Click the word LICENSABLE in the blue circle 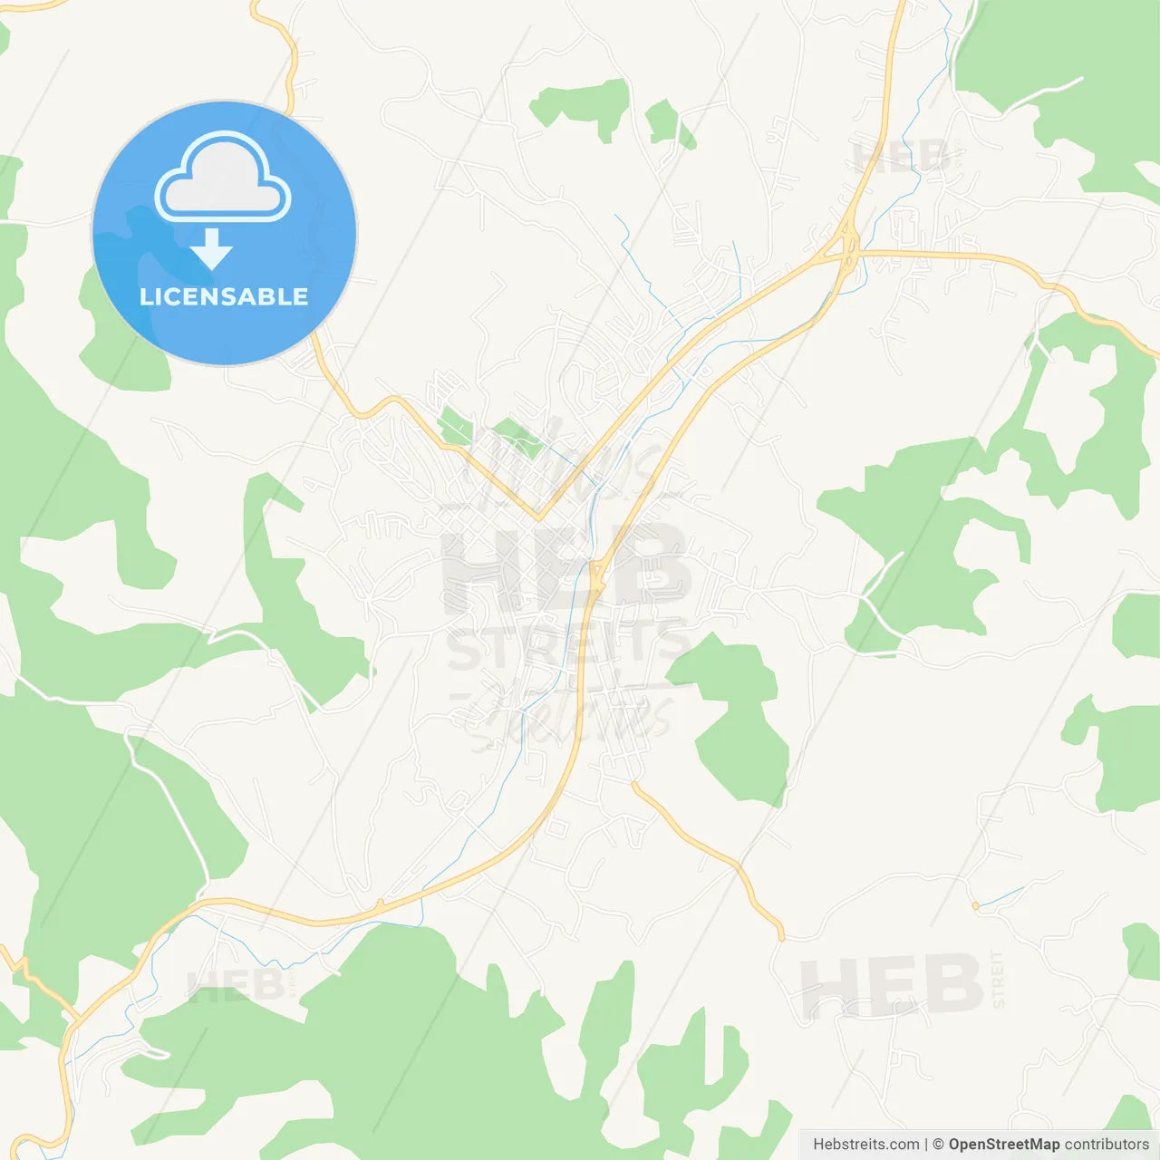tap(224, 297)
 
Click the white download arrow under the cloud tap(212, 250)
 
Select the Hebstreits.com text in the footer tap(865, 1145)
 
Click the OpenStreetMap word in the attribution tap(1003, 1145)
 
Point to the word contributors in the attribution tap(1107, 1145)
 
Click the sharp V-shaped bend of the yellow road tap(538, 518)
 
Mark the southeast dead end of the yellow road tap(780, 936)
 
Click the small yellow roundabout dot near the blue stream tap(975, 905)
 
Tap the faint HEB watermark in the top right tap(901, 158)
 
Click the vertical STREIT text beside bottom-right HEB tap(998, 979)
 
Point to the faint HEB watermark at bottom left tap(235, 985)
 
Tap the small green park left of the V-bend tap(455, 426)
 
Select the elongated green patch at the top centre tap(581, 104)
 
